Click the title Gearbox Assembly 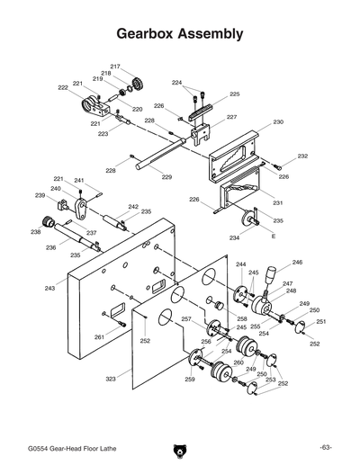(180, 35)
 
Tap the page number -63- (325, 447)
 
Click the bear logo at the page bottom (180, 448)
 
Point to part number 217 (115, 67)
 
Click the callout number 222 (63, 87)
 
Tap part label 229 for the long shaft (166, 177)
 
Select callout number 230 (278, 121)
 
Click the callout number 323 (111, 379)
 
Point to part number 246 (297, 263)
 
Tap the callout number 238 (35, 232)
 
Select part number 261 (98, 336)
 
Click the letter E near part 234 (273, 236)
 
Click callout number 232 (302, 156)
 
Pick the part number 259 (190, 380)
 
